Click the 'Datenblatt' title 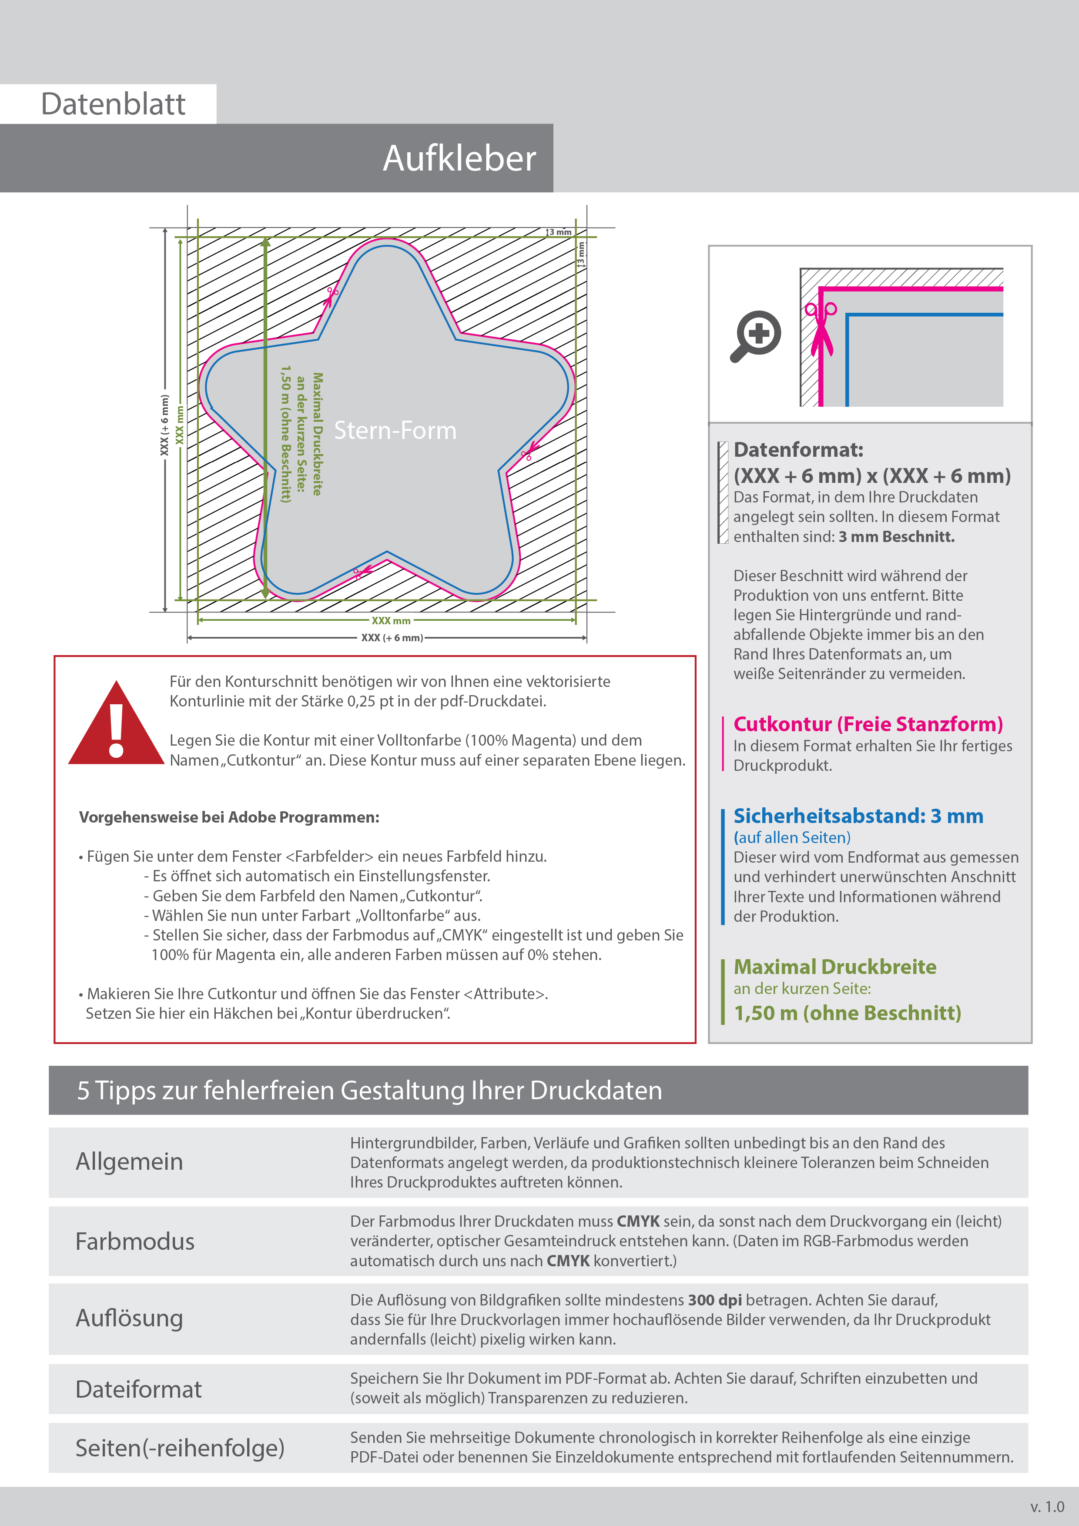point(113,104)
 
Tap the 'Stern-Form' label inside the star point(395,431)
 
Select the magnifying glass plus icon point(757,335)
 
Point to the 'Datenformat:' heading point(798,450)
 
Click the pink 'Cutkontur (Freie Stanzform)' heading point(868,724)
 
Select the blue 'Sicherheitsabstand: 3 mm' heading point(858,816)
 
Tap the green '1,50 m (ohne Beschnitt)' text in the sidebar point(847,1013)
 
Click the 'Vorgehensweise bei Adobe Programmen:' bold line point(229,817)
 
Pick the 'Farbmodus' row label point(134,1242)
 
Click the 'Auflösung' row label point(129,1319)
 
